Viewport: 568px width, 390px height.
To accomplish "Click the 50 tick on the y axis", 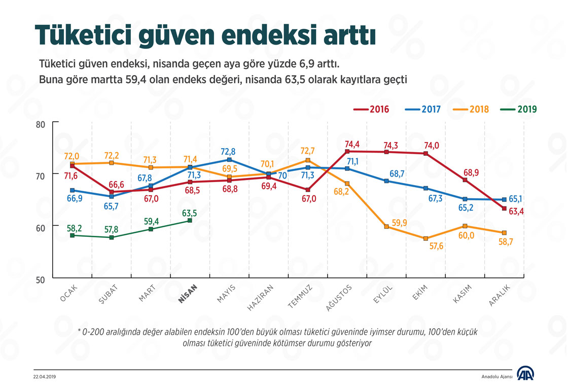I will pos(41,279).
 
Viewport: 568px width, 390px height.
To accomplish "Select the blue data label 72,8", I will pos(229,151).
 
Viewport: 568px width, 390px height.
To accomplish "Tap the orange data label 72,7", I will pos(307,151).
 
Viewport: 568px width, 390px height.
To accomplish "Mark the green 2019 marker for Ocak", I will pos(73,235).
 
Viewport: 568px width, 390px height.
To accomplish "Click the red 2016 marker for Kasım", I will pos(464,180).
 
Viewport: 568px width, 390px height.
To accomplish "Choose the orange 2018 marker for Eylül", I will pos(386,227).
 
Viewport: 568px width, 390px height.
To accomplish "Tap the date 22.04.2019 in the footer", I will pos(44,376).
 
